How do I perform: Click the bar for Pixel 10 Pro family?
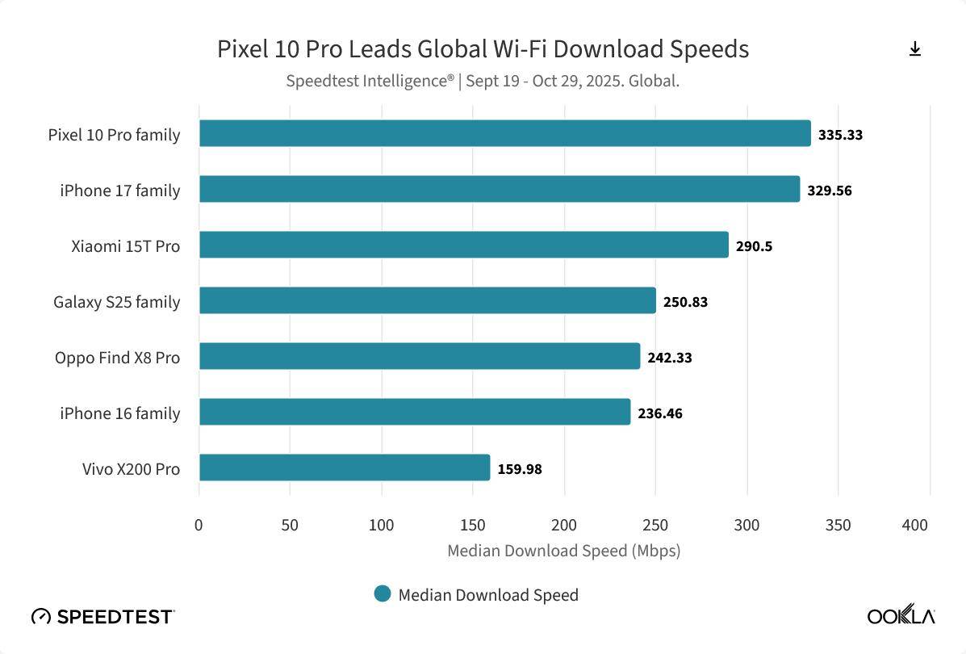[504, 134]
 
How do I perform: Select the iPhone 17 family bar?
[499, 190]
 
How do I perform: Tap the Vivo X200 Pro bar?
[345, 468]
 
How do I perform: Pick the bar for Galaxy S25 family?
[427, 301]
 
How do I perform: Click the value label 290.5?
[754, 246]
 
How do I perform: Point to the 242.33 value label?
[669, 358]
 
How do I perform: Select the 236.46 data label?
[659, 413]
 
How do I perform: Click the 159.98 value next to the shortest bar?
[519, 469]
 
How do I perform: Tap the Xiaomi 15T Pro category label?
[125, 246]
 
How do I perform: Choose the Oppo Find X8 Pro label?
[117, 358]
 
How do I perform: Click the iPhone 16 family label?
[119, 413]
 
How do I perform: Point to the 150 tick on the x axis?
[473, 525]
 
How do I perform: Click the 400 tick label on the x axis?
[915, 525]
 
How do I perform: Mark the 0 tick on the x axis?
[199, 525]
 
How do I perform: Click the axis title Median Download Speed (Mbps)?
[563, 551]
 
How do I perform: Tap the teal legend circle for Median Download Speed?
[383, 594]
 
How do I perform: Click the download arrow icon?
[914, 49]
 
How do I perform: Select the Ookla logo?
[901, 616]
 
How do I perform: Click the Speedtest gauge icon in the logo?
[41, 617]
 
